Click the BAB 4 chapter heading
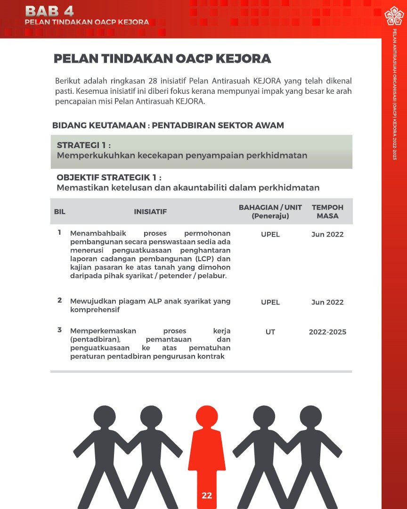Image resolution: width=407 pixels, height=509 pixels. (49, 11)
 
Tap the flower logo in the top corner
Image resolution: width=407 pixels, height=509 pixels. (394, 16)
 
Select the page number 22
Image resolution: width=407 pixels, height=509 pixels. (207, 495)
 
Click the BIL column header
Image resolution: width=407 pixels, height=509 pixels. (60, 212)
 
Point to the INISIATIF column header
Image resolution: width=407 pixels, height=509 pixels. (150, 212)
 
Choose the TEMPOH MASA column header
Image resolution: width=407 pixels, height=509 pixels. (327, 212)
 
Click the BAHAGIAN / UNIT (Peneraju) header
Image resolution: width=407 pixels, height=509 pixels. (270, 212)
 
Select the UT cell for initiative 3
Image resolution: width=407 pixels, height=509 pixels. (270, 332)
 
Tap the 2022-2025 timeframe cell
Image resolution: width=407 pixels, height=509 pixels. (327, 332)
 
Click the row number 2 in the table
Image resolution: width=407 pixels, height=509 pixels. (60, 300)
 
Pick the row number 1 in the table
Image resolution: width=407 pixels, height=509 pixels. (60, 232)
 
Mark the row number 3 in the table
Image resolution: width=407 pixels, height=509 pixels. (60, 330)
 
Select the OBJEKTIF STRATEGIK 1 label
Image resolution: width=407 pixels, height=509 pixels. (109, 178)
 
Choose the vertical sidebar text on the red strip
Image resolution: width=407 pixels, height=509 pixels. (394, 94)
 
